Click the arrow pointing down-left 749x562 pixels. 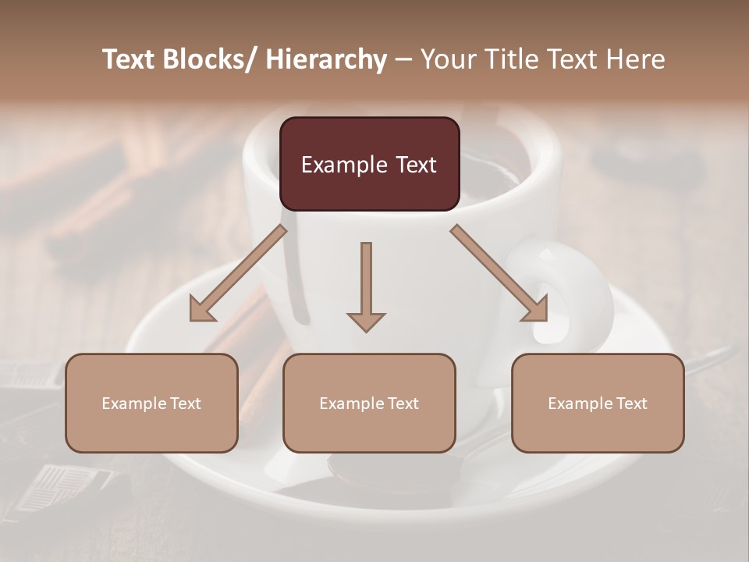click(x=237, y=273)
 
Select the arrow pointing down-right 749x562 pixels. click(x=499, y=273)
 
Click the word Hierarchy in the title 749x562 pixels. click(x=326, y=59)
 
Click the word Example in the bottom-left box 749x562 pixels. click(x=134, y=404)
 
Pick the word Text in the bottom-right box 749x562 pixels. click(x=630, y=404)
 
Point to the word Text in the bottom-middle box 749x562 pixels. click(x=402, y=404)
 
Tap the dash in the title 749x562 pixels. click(x=403, y=59)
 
